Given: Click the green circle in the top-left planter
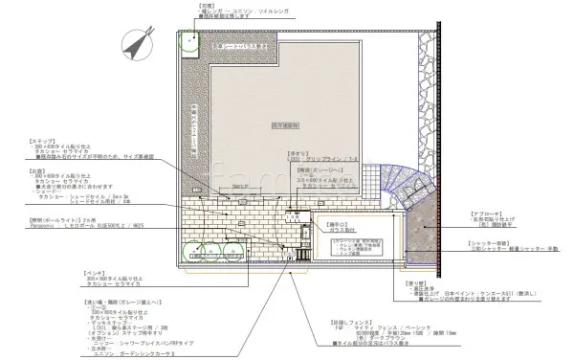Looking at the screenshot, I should pyautogui.click(x=189, y=41).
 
